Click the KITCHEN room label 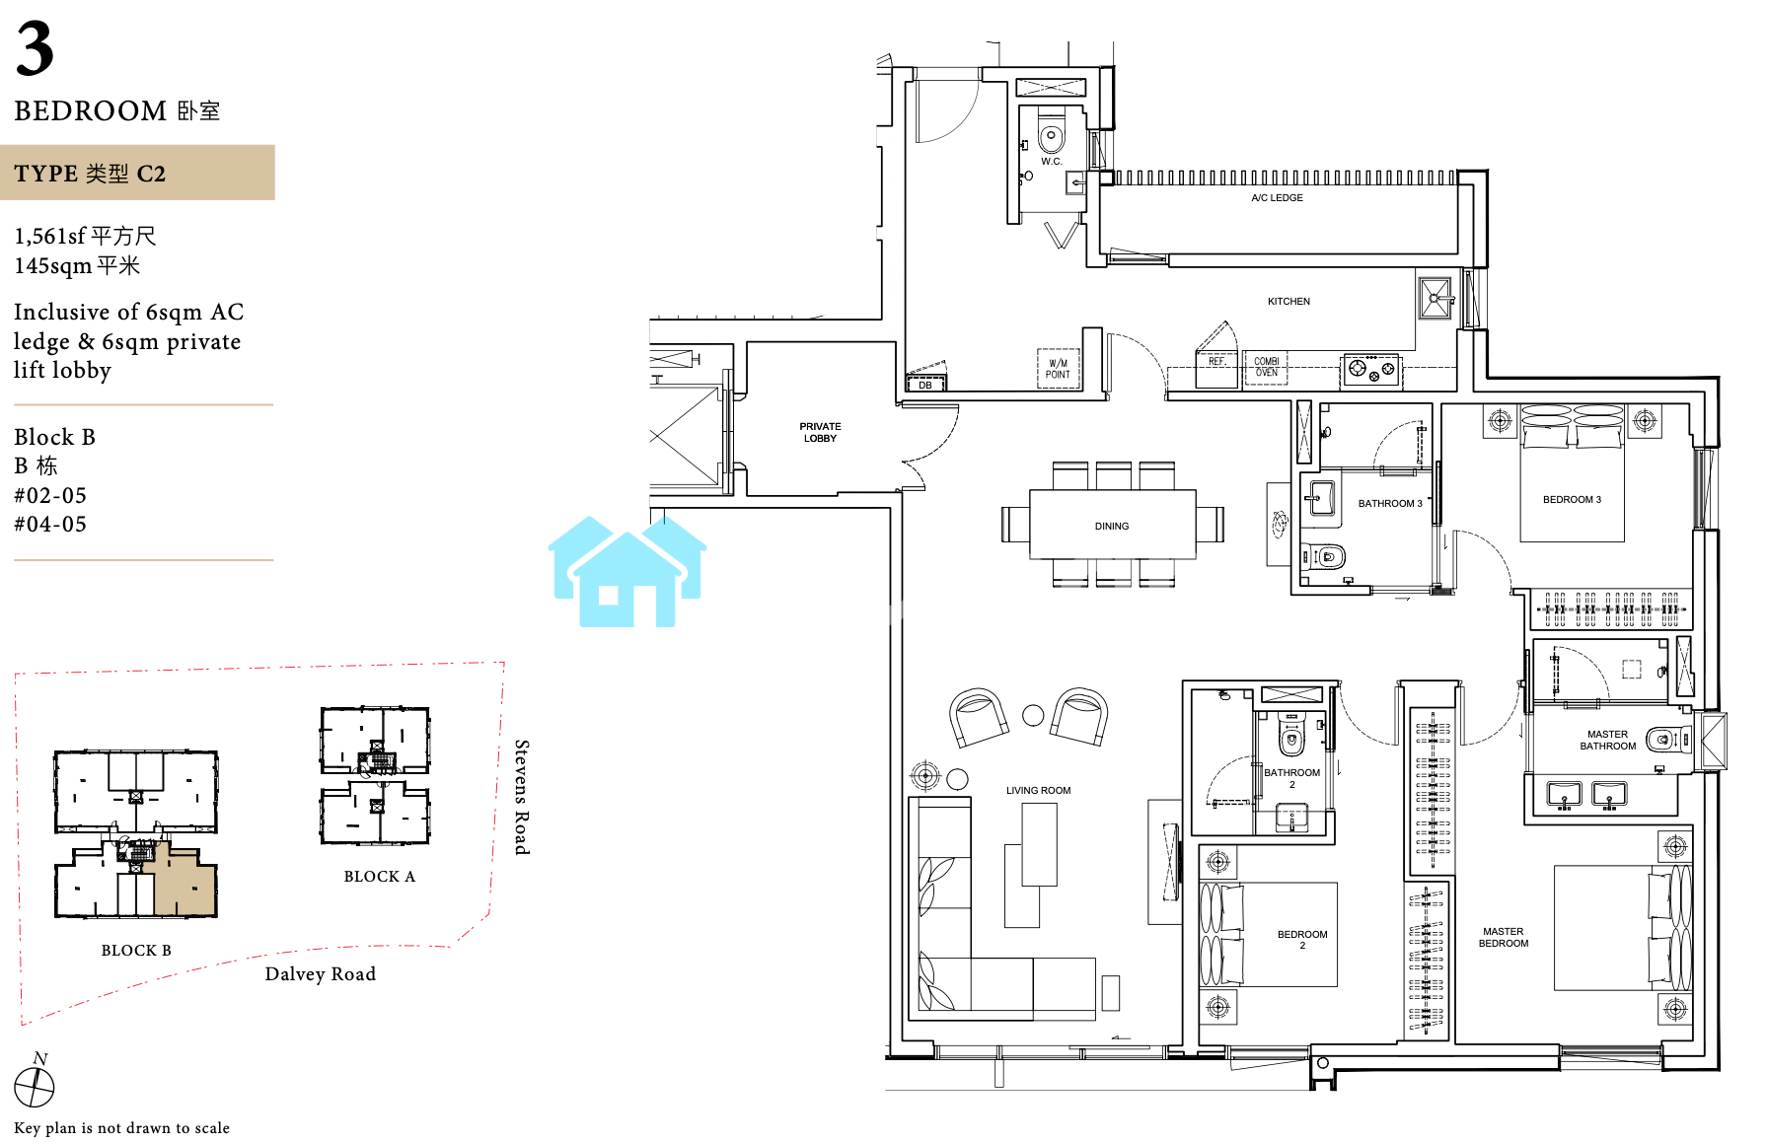tap(1288, 302)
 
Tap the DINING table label tap(1112, 527)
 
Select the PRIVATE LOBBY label tap(820, 433)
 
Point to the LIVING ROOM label tap(1038, 791)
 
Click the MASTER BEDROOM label tap(1504, 938)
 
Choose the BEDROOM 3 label tap(1572, 500)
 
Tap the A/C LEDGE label tap(1277, 198)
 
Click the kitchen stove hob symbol tap(1371, 370)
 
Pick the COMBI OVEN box tap(1266, 367)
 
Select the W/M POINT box tap(1058, 369)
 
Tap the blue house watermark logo tap(627, 571)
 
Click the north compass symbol tap(35, 1086)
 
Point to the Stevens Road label tap(522, 797)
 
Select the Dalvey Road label tap(321, 974)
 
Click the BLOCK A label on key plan tap(380, 877)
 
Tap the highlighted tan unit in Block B tap(184, 883)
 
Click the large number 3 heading tap(35, 49)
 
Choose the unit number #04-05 tap(50, 525)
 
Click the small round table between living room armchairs tap(1033, 716)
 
